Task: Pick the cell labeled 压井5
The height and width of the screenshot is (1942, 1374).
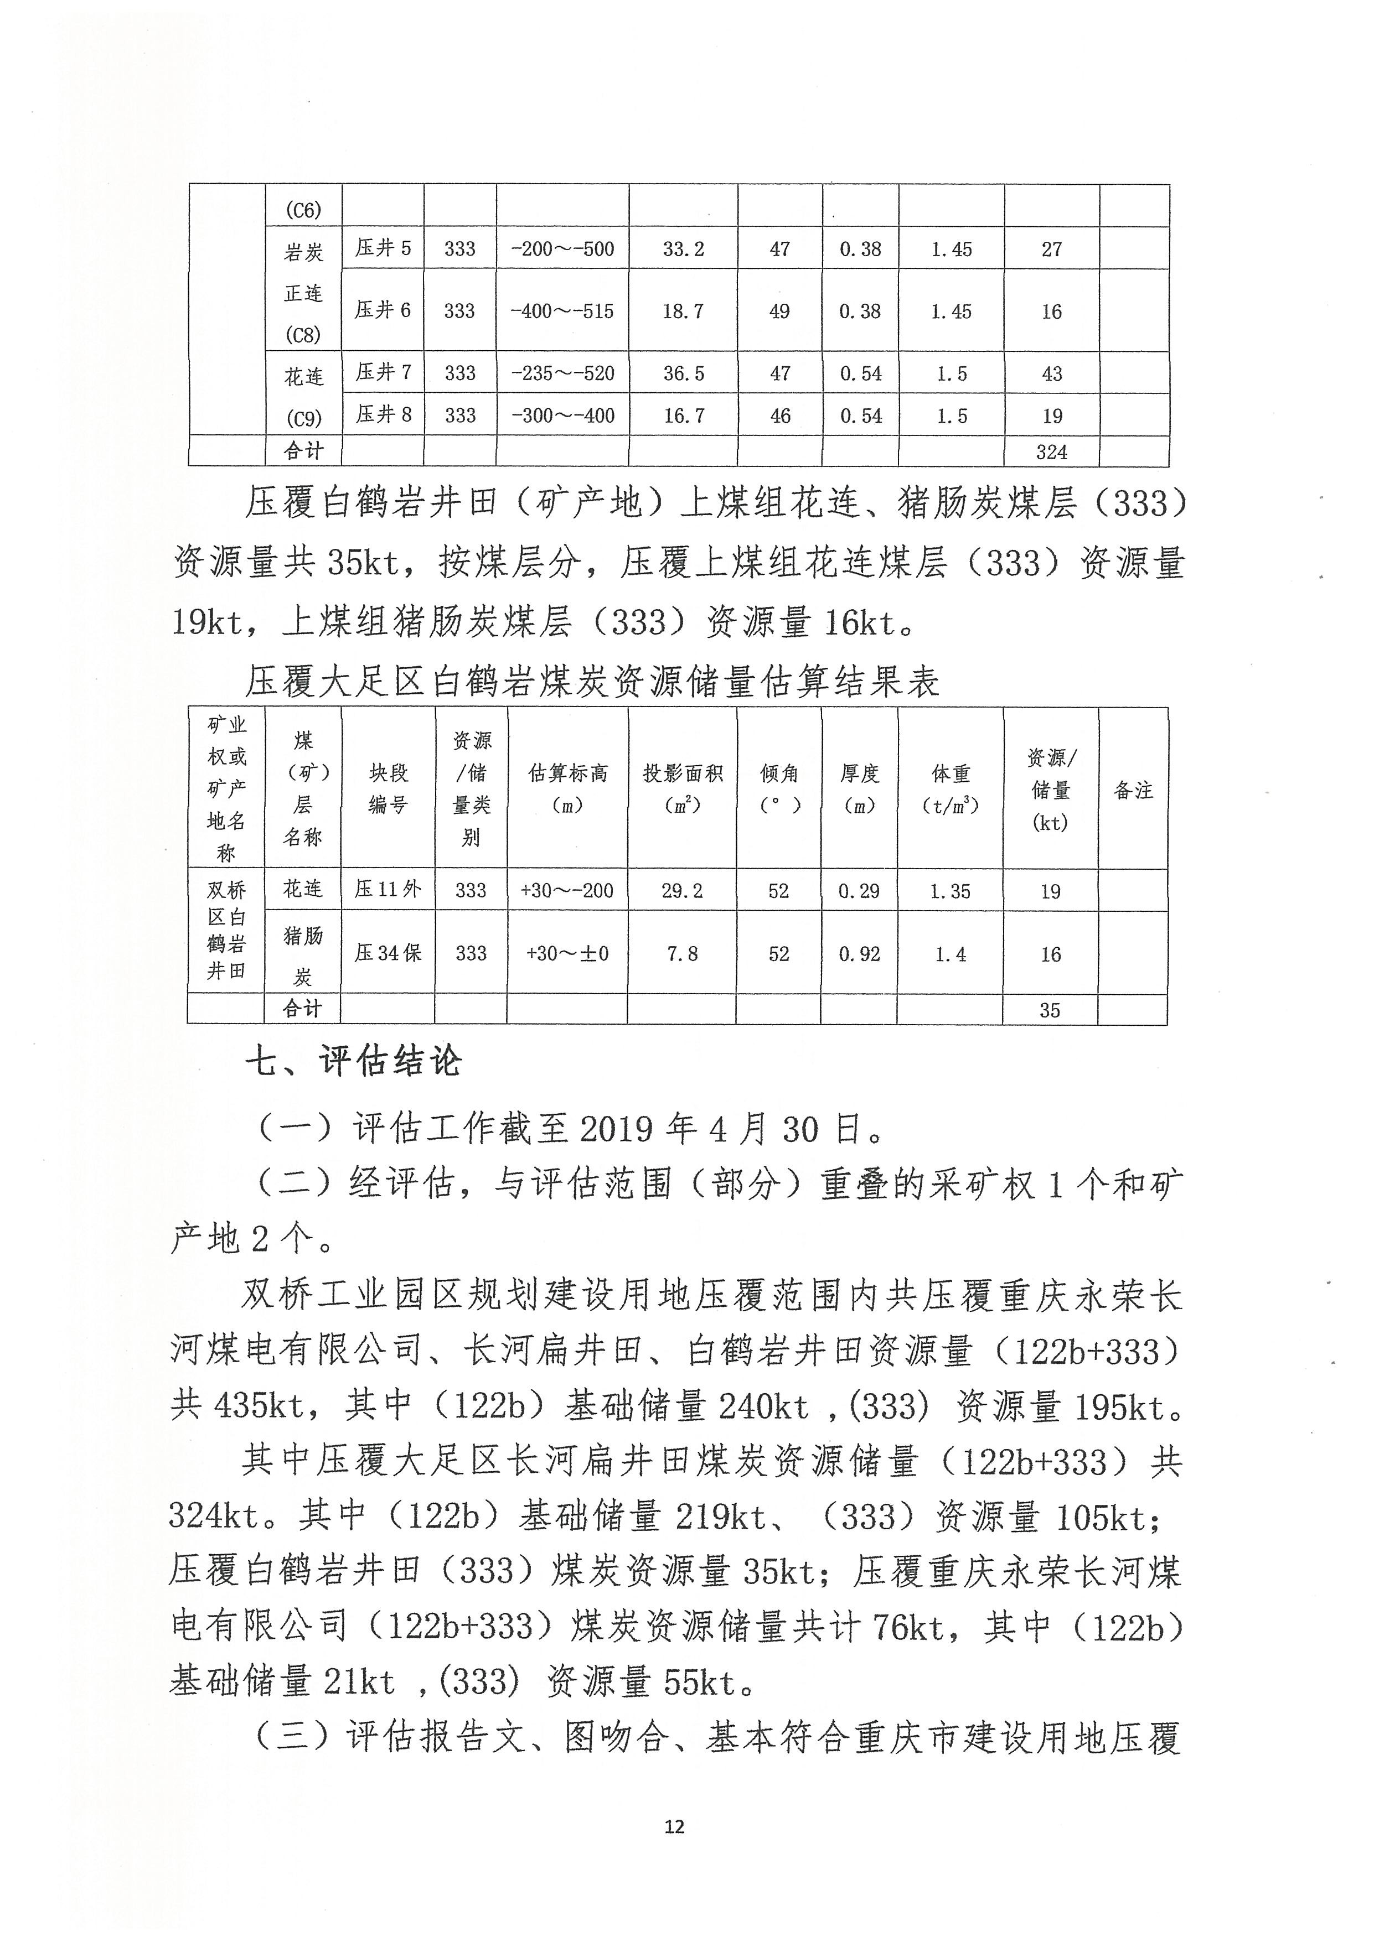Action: coord(383,248)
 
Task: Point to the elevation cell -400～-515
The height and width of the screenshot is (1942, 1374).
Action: coord(562,310)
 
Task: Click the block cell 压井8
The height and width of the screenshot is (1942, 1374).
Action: coord(383,414)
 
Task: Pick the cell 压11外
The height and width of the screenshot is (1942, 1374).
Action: coord(388,889)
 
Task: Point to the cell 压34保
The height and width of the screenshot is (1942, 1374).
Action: coord(388,953)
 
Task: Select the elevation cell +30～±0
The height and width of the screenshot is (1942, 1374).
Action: coord(567,953)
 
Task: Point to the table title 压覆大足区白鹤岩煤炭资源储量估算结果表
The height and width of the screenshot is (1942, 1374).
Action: coord(592,682)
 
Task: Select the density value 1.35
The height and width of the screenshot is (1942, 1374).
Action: coord(949,891)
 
